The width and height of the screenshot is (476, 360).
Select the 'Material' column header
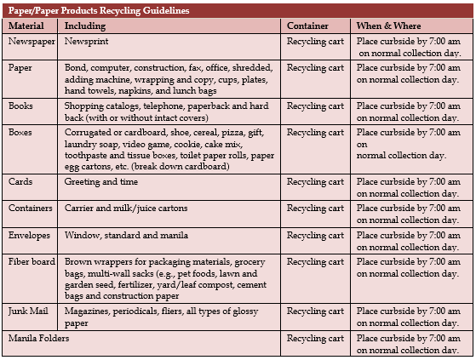click(26, 26)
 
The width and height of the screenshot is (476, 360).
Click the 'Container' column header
click(307, 26)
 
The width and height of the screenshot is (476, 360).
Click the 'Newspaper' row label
click(32, 40)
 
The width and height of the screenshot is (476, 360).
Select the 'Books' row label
click(21, 106)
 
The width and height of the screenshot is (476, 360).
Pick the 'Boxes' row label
click(21, 132)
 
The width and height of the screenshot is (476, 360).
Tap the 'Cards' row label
click(21, 181)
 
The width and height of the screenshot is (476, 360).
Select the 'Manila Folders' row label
click(39, 338)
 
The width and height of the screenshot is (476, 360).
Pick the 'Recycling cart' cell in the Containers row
click(315, 208)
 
